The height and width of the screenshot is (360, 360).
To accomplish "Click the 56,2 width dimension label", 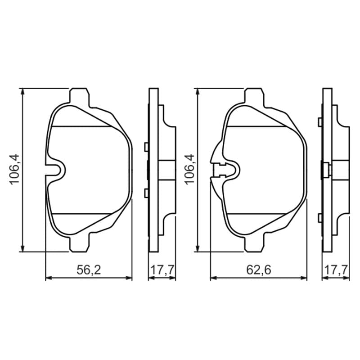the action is click(x=89, y=270).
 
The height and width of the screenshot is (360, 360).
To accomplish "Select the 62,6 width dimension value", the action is click(x=258, y=270).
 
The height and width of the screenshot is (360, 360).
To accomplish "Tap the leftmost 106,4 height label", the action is click(x=14, y=169).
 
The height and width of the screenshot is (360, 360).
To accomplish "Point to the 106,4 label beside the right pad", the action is click(x=189, y=169).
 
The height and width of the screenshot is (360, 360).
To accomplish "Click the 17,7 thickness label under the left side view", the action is click(x=162, y=270).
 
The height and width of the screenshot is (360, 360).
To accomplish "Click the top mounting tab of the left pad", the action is click(x=79, y=96).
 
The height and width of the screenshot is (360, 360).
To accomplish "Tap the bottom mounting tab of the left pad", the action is click(x=79, y=243).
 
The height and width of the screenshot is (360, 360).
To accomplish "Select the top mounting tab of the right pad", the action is click(x=254, y=96).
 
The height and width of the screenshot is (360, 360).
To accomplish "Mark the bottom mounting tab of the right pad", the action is click(x=254, y=243).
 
